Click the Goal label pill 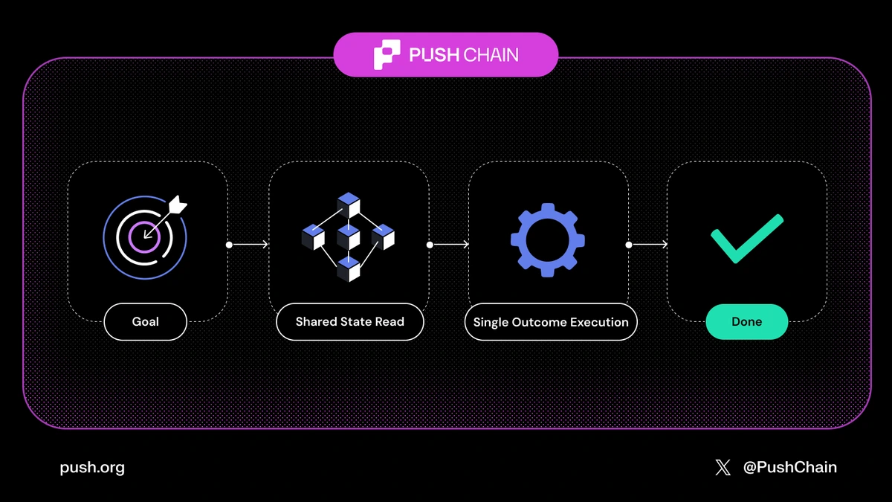(146, 322)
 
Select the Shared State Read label (349, 322)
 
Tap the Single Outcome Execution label (551, 322)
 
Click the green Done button (746, 322)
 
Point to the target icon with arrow (145, 237)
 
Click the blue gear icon (547, 239)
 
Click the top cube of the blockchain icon (348, 205)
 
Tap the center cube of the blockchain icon (348, 237)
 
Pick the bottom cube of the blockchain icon (348, 269)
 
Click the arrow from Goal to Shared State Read (248, 244)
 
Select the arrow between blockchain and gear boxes (449, 244)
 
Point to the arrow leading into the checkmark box (648, 244)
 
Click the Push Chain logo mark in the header (387, 55)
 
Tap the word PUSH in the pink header (433, 55)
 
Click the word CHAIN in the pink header (491, 55)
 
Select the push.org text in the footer (92, 468)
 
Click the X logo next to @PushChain (723, 468)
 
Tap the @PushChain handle (789, 468)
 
